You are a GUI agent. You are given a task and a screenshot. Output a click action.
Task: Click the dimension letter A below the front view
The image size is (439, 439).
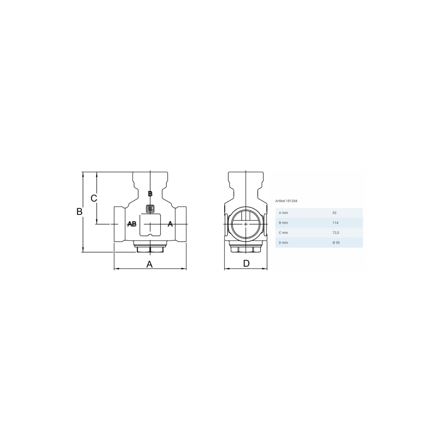tap(149, 264)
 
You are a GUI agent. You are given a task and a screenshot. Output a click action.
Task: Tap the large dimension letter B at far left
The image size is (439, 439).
tap(79, 212)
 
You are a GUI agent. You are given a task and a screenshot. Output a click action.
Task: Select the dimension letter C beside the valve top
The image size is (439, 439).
tap(94, 198)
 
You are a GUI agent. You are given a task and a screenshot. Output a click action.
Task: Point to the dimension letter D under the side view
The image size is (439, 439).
tap(246, 263)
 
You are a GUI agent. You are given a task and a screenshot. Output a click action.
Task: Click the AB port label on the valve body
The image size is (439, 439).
tap(132, 224)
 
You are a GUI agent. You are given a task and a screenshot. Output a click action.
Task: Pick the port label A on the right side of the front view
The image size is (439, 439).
tap(170, 224)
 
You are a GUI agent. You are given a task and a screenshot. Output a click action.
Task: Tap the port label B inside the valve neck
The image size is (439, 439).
tap(150, 194)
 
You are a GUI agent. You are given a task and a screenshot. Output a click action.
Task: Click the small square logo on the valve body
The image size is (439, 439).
tap(150, 209)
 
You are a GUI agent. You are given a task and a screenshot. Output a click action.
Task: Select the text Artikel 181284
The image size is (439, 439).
tap(286, 201)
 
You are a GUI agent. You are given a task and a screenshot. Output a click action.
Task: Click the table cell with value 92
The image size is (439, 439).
tap(334, 213)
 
